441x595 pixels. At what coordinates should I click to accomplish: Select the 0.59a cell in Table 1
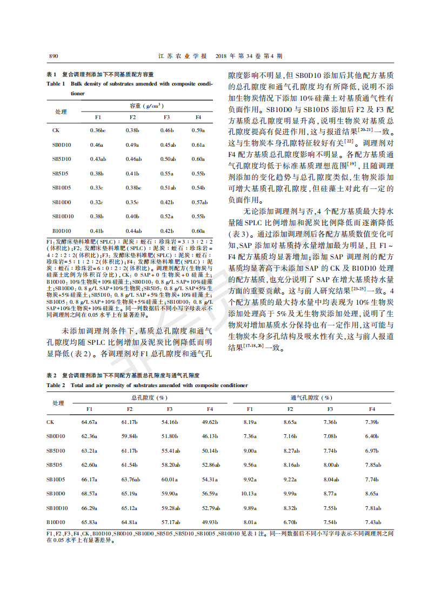[198, 130]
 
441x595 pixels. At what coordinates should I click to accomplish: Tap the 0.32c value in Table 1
[97, 202]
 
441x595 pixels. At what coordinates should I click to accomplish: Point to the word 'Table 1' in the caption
[56, 84]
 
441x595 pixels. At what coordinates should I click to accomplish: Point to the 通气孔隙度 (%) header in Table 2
[311, 397]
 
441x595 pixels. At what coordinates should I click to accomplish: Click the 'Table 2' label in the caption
[56, 385]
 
